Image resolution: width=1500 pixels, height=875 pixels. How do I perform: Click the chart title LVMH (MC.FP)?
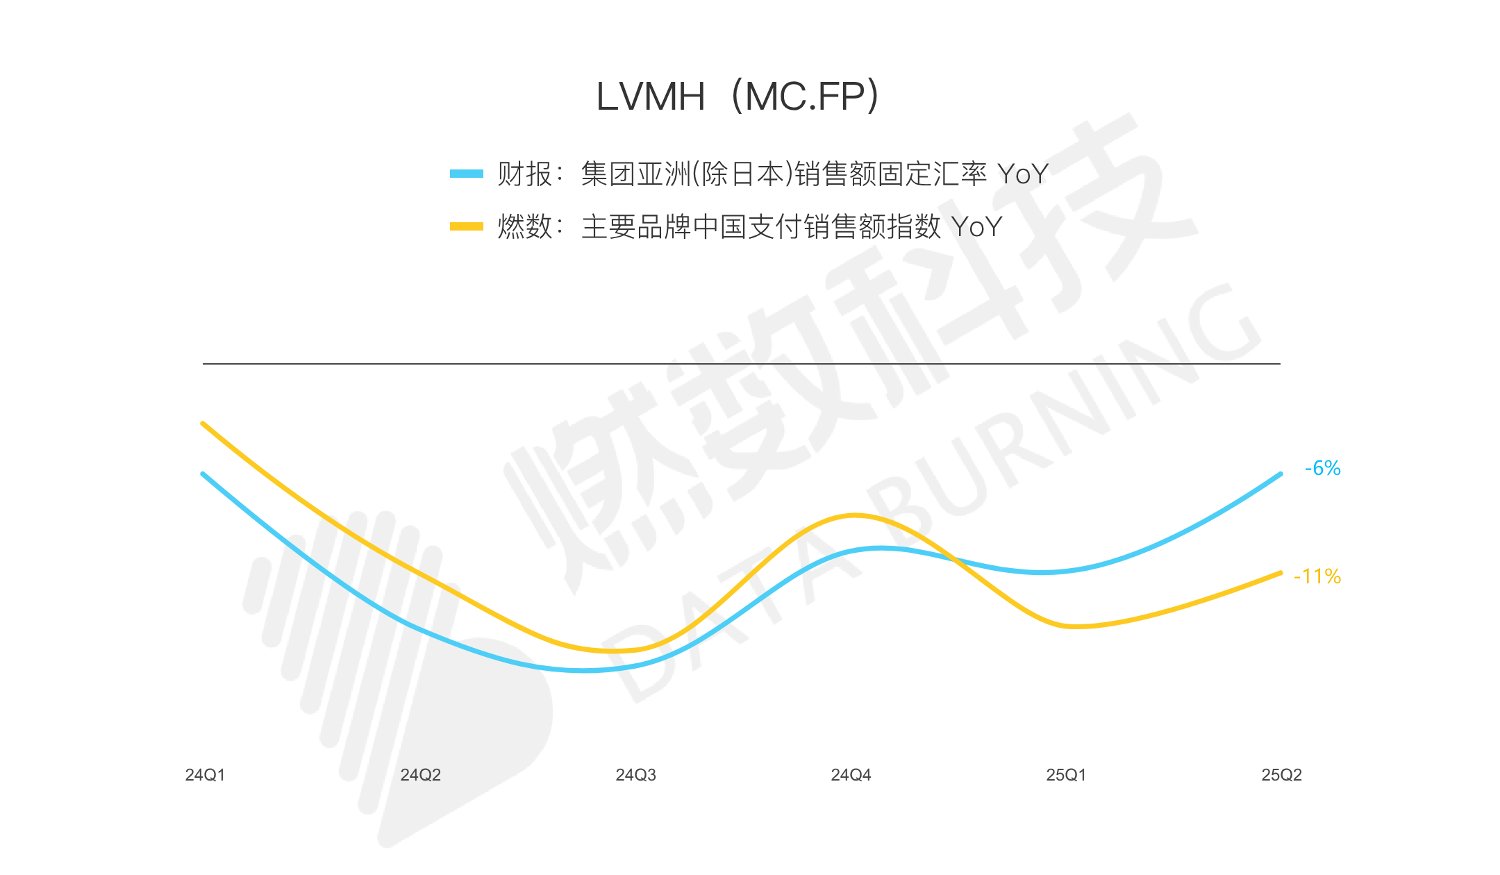[x=737, y=96]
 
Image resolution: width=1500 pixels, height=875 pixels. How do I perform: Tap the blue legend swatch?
[x=466, y=174]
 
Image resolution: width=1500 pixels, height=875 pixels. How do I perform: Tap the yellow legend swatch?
[x=466, y=226]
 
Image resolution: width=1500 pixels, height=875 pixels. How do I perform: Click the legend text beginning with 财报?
[x=772, y=174]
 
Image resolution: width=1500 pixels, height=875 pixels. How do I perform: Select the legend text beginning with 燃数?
[x=749, y=226]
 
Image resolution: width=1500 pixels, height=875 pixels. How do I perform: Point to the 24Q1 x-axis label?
[x=205, y=775]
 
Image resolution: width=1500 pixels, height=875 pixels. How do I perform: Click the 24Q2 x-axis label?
[x=420, y=775]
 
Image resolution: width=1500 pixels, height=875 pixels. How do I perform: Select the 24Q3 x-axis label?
[x=635, y=775]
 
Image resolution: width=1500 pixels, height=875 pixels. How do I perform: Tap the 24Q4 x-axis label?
[x=851, y=775]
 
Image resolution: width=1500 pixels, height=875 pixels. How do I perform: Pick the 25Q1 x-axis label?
[x=1066, y=775]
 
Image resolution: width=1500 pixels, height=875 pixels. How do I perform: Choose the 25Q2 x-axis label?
[x=1281, y=775]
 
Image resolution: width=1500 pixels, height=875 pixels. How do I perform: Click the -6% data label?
[x=1322, y=468]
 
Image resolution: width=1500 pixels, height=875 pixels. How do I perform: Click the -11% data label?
[x=1317, y=576]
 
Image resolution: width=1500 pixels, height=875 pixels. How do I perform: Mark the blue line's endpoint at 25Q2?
[x=1280, y=474]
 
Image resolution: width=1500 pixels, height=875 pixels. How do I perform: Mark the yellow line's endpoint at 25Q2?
[x=1280, y=573]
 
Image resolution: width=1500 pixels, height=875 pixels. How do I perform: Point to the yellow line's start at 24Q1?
[x=203, y=423]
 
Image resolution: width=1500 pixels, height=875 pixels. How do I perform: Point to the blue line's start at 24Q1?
[x=203, y=474]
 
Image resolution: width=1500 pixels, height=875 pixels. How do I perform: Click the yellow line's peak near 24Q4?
[x=855, y=515]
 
